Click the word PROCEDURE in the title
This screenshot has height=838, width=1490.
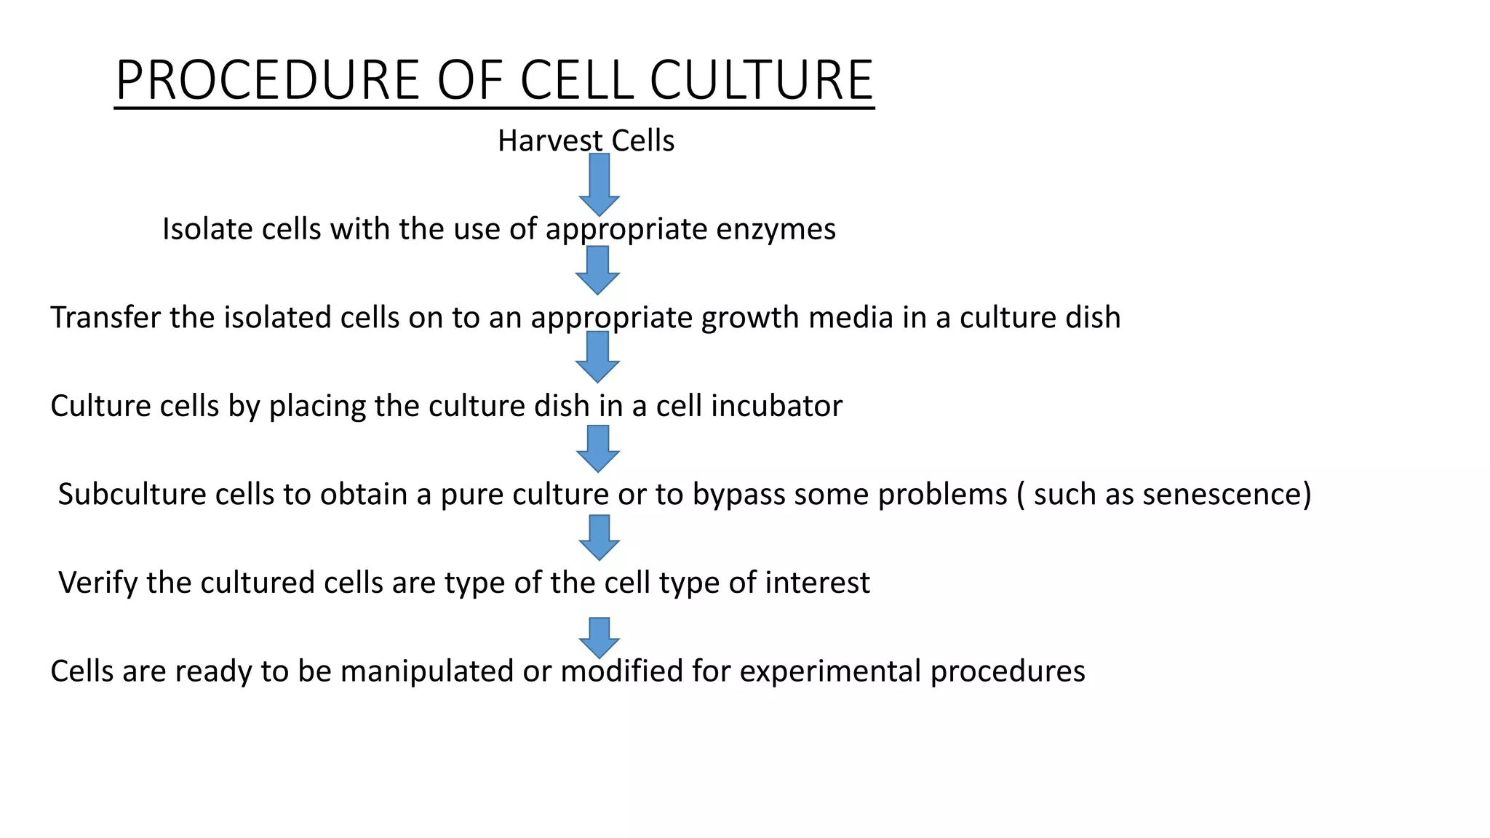coord(267,80)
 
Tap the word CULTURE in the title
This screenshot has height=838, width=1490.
coord(761,80)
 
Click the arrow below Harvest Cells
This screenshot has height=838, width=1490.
coord(599,184)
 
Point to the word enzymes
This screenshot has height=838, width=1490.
coord(776,229)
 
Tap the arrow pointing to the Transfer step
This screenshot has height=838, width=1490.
coord(597,270)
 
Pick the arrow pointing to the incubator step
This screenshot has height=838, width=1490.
coord(597,356)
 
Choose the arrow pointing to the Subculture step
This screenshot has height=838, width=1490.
coord(598,448)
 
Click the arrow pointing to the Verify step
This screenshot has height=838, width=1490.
coord(599,537)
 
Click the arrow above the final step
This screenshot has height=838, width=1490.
coord(599,637)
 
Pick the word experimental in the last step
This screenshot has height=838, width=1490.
coord(830,671)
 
